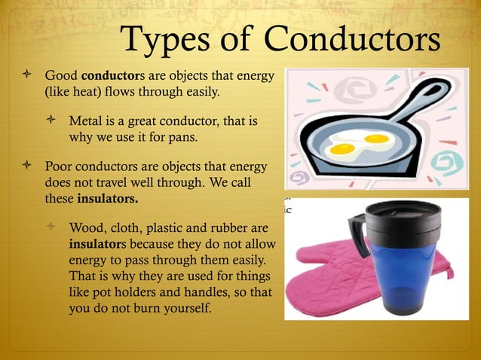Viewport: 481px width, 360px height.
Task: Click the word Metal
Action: point(84,121)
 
